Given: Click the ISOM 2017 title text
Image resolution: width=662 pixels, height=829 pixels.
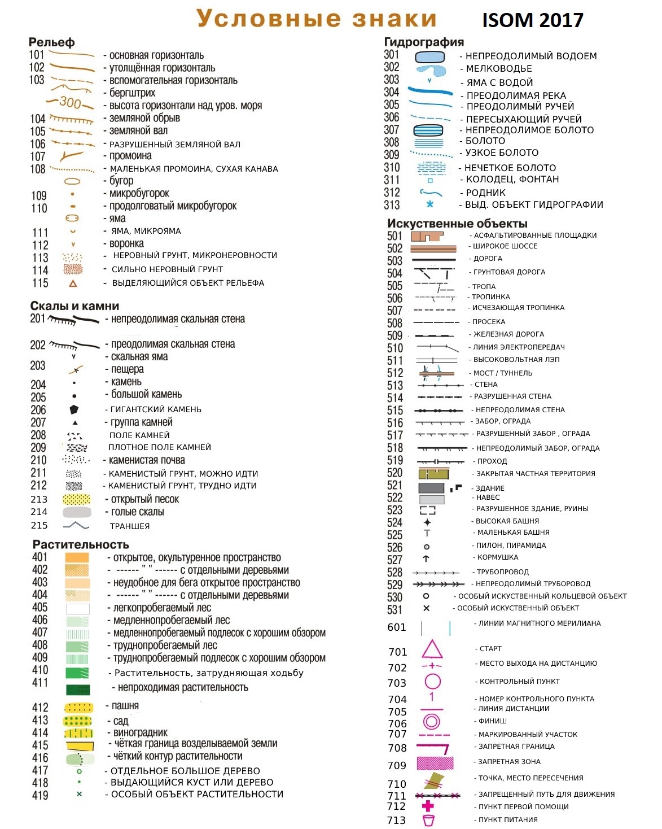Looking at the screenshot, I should coord(532,20).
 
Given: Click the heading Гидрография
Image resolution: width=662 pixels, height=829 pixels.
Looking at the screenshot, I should coord(424,42).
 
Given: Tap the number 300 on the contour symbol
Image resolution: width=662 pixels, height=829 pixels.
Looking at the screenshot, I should coord(71,102).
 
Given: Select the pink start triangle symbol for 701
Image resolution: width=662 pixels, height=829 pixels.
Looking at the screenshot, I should coord(432,649).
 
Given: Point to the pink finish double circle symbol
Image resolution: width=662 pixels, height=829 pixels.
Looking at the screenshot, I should coord(432,721).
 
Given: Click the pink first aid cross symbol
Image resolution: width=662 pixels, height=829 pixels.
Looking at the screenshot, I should coord(428,806).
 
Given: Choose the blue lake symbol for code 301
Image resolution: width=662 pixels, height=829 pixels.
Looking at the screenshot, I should coord(430,56).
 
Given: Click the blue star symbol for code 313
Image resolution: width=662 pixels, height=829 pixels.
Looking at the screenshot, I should coord(430,204).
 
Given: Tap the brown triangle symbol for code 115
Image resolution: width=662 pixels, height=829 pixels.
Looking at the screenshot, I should coord(73,283).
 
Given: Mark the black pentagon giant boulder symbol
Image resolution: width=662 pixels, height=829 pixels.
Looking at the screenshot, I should coord(74,409).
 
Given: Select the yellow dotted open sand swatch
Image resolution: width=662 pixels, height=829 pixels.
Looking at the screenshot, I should coord(77,499).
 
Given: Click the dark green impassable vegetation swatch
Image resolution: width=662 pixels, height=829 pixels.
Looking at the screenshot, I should coord(78,690).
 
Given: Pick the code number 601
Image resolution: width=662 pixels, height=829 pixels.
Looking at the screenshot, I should coord(397,627).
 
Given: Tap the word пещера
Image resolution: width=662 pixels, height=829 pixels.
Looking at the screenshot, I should coord(128,369).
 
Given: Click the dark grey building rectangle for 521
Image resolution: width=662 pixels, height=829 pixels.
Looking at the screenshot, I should coord(432,488).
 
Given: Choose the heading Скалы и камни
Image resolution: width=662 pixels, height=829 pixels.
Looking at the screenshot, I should coord(74,306).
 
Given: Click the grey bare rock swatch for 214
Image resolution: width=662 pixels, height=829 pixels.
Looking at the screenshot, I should coord(77,512).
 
